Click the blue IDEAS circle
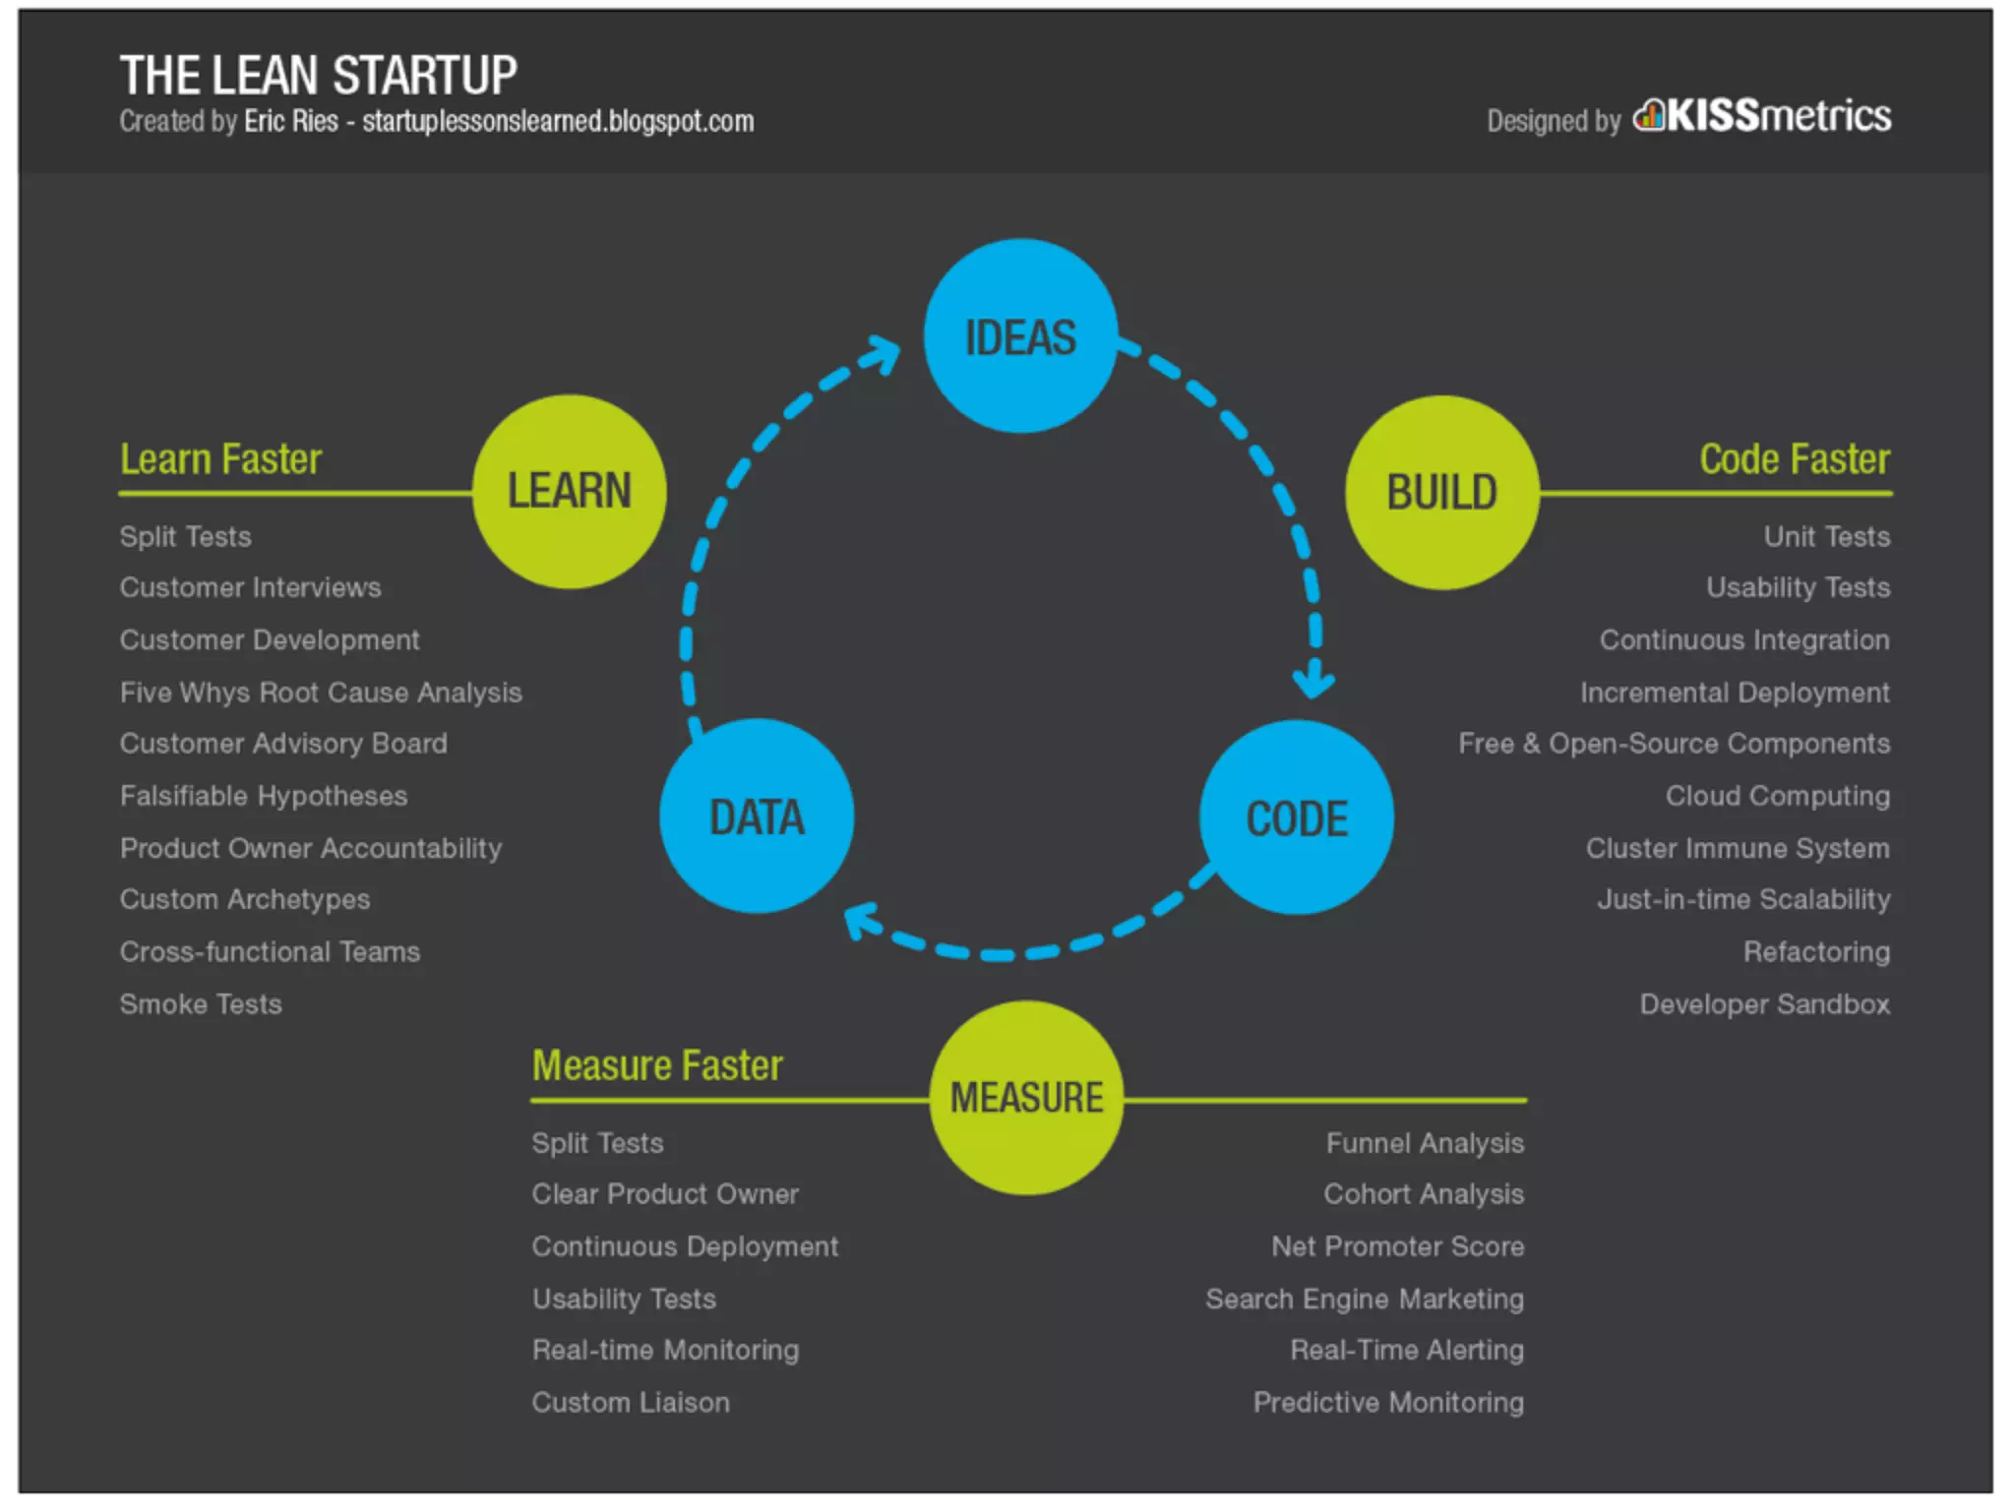click(x=1020, y=335)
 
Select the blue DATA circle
click(x=757, y=816)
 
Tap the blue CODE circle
click(x=1296, y=817)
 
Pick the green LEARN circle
click(x=569, y=491)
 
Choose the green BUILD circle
click(x=1441, y=492)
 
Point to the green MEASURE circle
click(x=1026, y=1097)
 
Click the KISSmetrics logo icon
click(x=1649, y=116)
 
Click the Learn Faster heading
click(x=220, y=459)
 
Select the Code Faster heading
click(x=1795, y=459)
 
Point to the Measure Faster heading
click(x=657, y=1065)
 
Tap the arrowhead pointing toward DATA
click(x=862, y=922)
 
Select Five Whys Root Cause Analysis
click(x=321, y=693)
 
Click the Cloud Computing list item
click(x=1777, y=796)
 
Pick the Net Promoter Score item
click(x=1397, y=1246)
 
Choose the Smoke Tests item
click(x=201, y=1004)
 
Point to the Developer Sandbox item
click(x=1764, y=1004)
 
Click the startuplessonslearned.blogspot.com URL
click(x=558, y=121)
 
